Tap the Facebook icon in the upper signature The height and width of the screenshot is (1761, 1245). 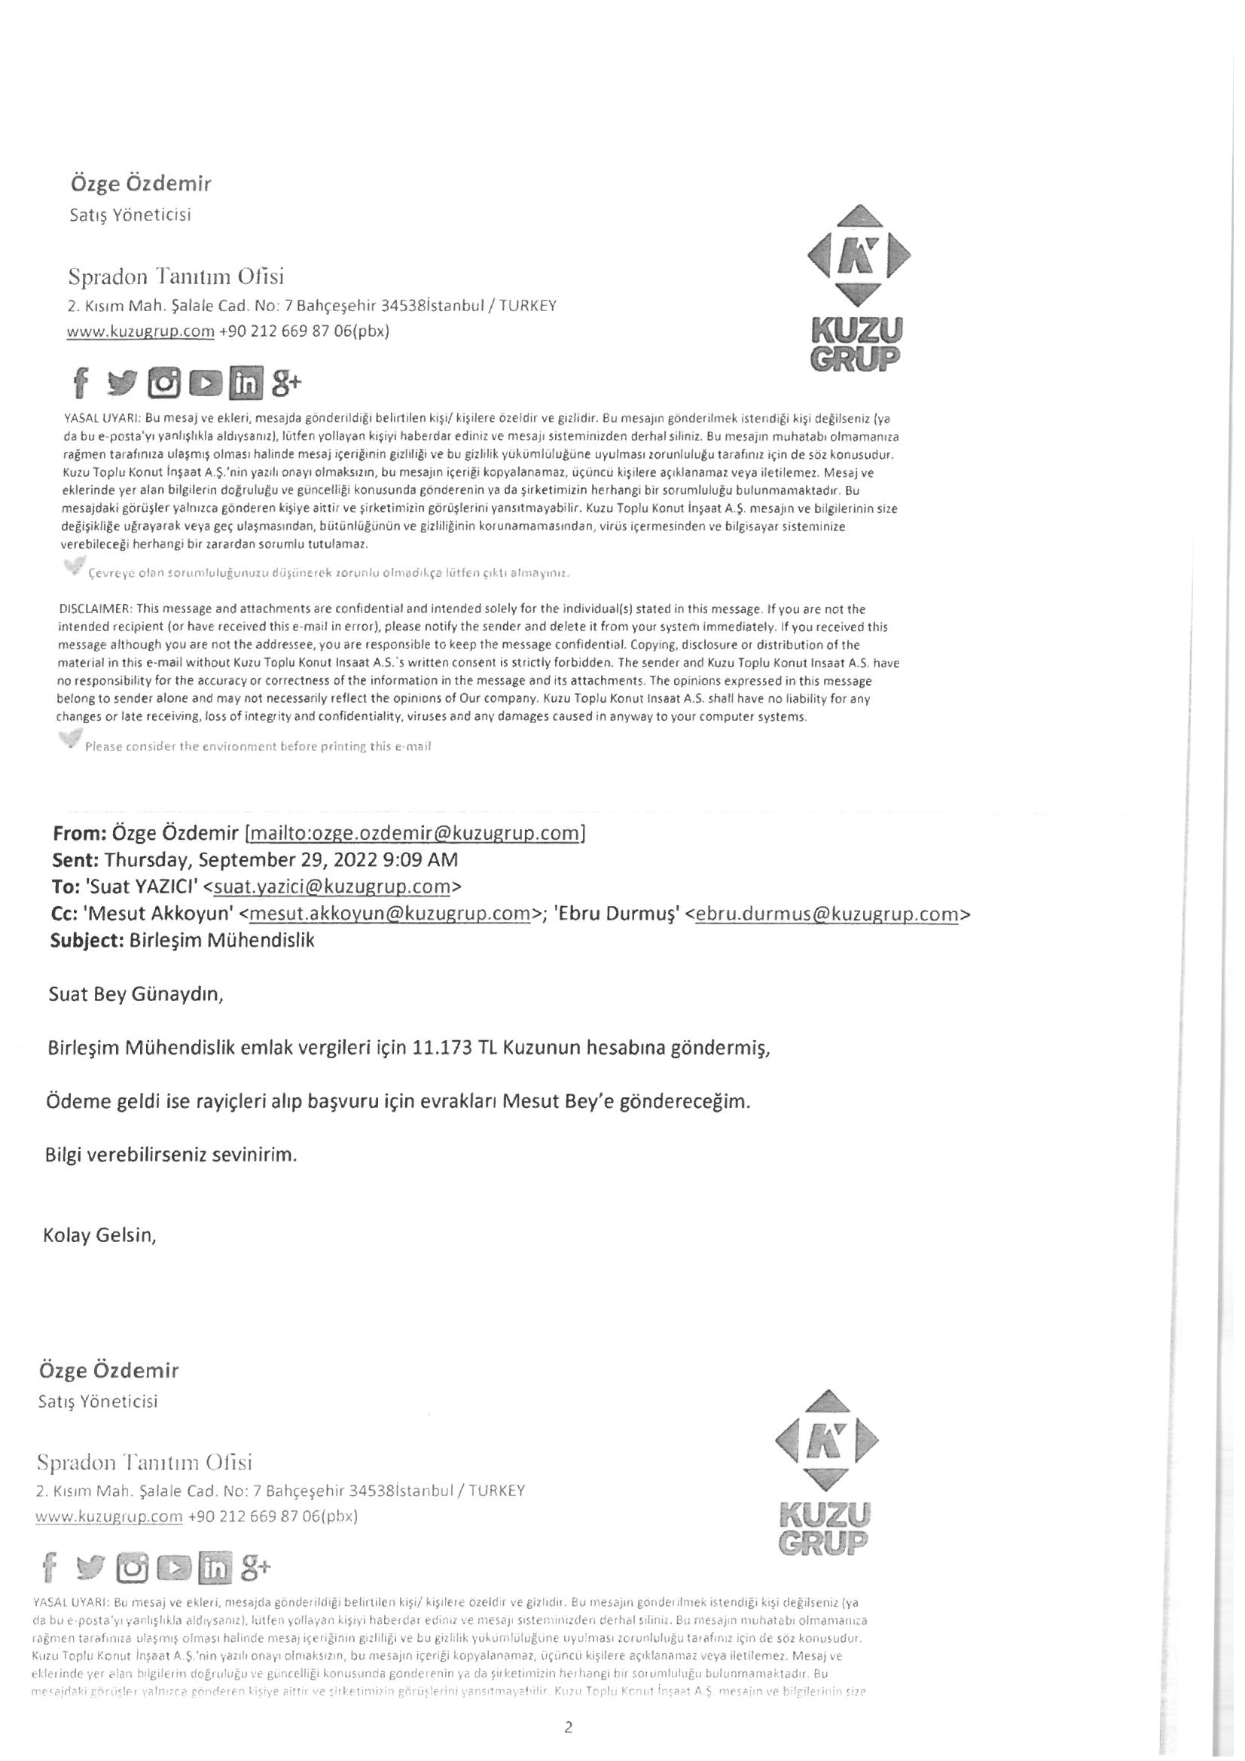81,382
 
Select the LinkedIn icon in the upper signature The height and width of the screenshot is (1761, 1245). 246,383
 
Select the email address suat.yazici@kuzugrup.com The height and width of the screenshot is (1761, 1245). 331,887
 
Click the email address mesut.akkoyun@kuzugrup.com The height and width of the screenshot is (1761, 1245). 390,914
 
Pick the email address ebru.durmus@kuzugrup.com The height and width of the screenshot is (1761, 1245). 827,914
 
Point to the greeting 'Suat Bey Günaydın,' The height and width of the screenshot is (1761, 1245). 136,995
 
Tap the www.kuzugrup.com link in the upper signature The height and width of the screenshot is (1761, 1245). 140,332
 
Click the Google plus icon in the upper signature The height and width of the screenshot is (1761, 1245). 286,381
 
